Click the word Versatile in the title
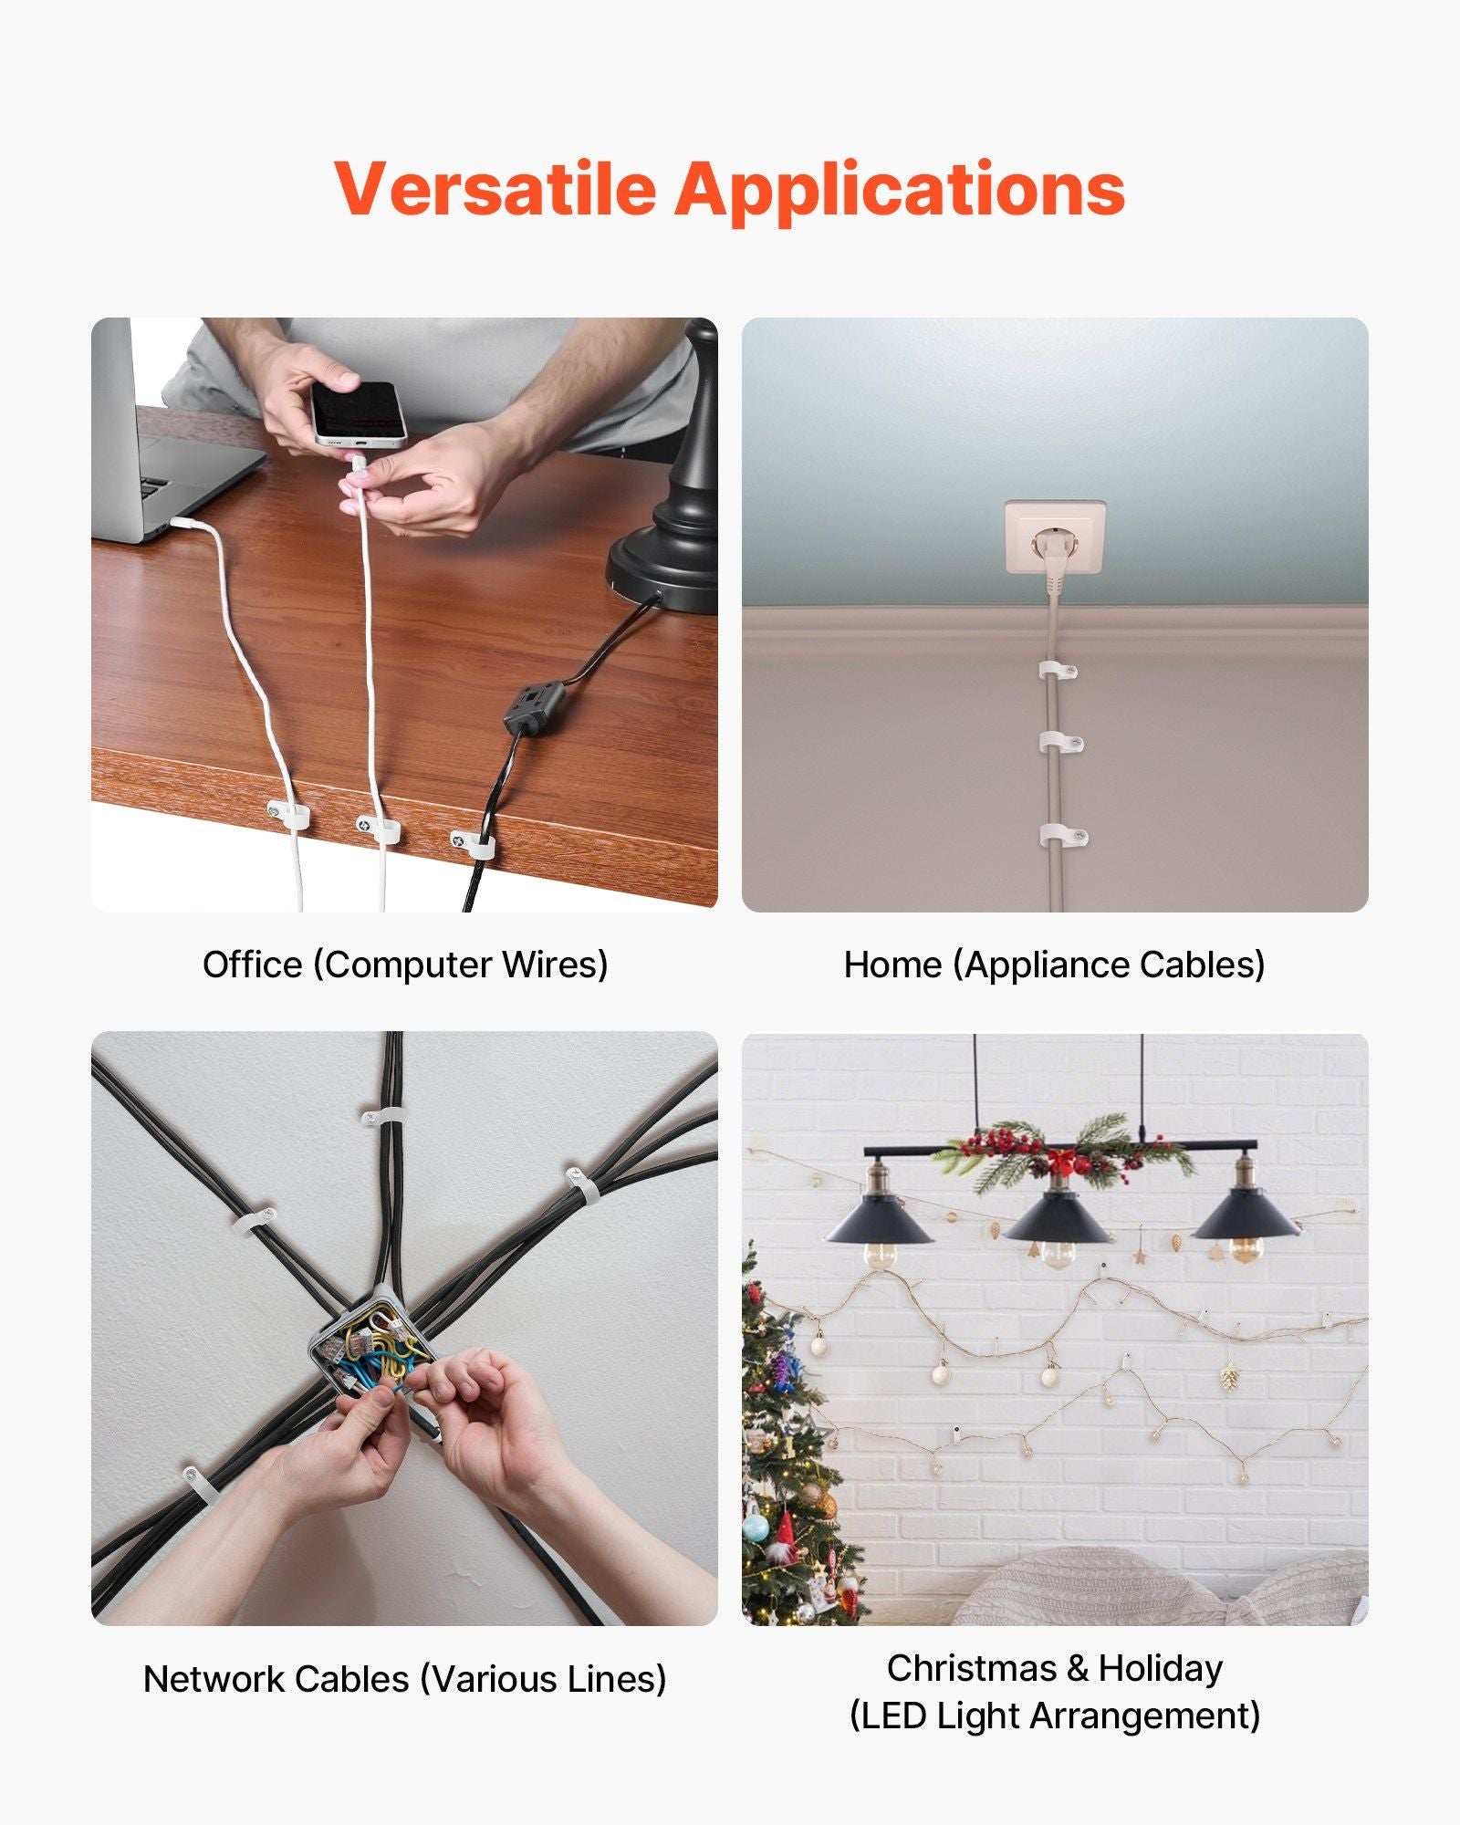495,188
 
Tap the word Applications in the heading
900,192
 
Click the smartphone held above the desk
359,413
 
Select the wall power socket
1056,537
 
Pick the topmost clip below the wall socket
1058,672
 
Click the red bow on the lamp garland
1061,1161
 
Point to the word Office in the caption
252,965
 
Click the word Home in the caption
892,965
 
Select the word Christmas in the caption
972,1668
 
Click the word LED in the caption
893,1715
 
